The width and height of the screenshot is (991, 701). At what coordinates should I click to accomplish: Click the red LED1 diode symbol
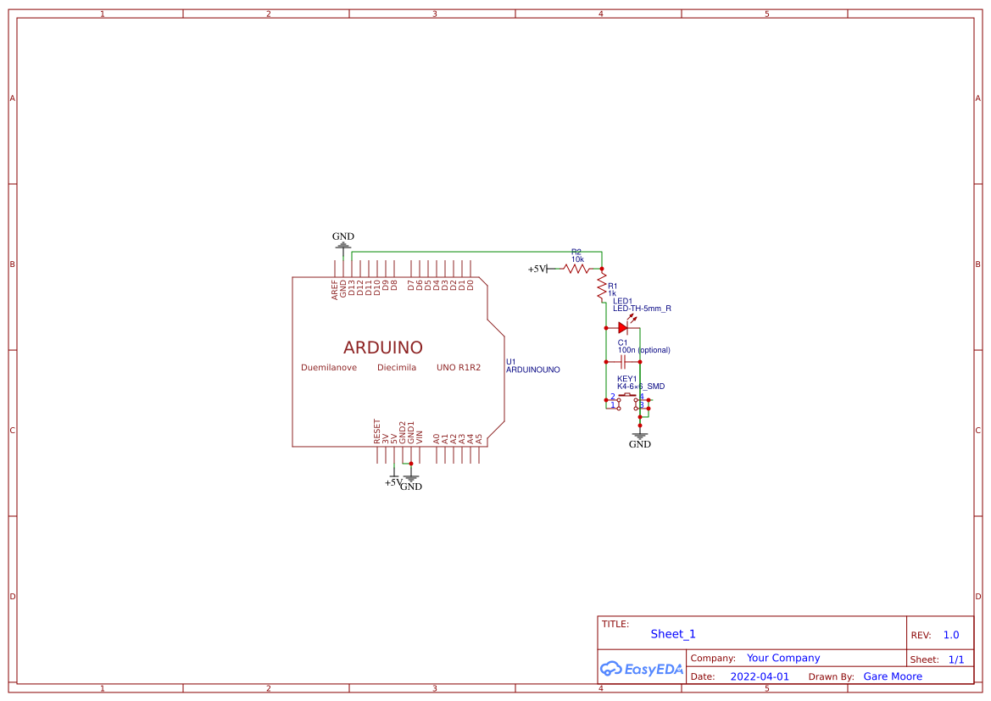tap(622, 327)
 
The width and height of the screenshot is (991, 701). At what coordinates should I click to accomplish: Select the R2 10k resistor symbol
tap(576, 269)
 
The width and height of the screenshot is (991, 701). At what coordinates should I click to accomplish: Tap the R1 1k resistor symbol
tap(602, 287)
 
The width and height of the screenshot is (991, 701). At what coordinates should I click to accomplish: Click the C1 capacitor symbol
tap(622, 361)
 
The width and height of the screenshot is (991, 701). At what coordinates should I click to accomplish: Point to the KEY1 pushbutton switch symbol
tap(627, 398)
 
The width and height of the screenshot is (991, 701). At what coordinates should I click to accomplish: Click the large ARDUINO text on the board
tap(382, 348)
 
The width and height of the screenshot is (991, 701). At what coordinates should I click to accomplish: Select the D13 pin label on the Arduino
tap(352, 287)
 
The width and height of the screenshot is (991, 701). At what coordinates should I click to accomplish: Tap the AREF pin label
tap(335, 288)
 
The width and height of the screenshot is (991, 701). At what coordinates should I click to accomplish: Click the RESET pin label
tap(377, 431)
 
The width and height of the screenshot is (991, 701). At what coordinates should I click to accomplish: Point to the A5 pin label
tap(479, 438)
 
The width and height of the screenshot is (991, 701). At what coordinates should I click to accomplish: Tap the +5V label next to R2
tap(537, 269)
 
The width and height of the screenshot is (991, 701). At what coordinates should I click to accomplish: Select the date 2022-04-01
tap(759, 676)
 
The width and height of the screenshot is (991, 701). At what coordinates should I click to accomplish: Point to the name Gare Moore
tap(892, 676)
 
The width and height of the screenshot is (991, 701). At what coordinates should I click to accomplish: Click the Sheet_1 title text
tap(673, 634)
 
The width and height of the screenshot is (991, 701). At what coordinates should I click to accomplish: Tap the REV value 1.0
tap(950, 635)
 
